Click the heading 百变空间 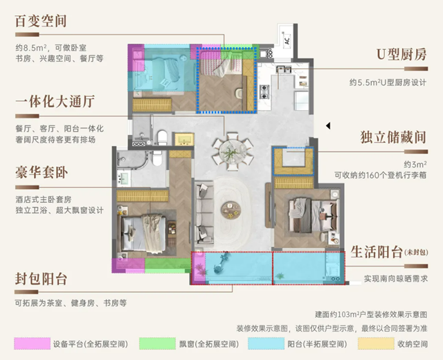coord(41,21)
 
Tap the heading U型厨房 coord(401,55)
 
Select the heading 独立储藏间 coord(393,137)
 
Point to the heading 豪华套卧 coord(42,172)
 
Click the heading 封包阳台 coord(41,279)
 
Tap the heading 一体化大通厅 coord(55,102)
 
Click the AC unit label coord(287,41)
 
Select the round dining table coord(233,151)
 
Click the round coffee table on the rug coord(230,210)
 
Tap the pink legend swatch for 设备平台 coord(32,343)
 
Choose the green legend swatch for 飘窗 coord(157,343)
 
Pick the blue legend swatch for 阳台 coord(266,343)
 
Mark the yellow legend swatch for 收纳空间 coord(376,343)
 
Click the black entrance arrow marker coord(328,125)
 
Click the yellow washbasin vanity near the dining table coord(184,139)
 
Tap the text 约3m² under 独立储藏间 coord(415,164)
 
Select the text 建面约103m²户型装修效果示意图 coord(371,314)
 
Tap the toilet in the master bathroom coord(157,158)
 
